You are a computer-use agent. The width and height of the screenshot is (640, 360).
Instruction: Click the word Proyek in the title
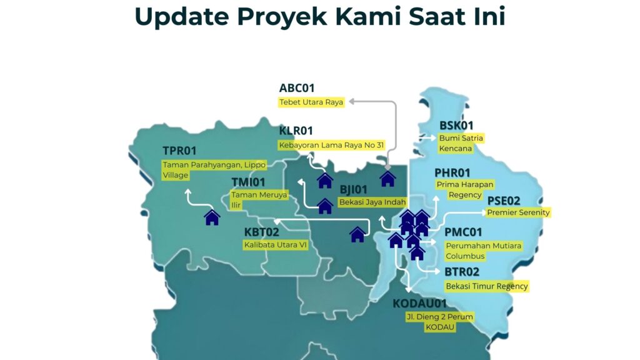click(x=282, y=17)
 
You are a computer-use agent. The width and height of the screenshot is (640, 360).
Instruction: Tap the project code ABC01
click(x=297, y=88)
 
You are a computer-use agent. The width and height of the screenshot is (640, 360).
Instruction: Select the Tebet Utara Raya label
click(x=311, y=102)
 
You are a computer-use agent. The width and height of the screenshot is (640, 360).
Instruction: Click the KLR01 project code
click(x=296, y=131)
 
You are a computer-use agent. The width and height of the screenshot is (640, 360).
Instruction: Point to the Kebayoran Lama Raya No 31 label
click(x=331, y=145)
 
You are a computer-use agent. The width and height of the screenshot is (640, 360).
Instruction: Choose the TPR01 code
click(x=179, y=151)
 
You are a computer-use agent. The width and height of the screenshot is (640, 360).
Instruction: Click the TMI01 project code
click(x=248, y=182)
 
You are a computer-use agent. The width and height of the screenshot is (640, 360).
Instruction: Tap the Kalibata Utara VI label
click(x=275, y=245)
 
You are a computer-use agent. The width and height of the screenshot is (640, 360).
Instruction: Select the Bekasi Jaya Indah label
click(x=372, y=202)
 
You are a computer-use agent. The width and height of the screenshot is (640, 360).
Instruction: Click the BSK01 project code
click(x=456, y=125)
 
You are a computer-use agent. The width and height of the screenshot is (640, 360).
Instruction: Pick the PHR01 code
click(x=452, y=172)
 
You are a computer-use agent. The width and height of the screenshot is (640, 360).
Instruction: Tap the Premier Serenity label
click(x=518, y=212)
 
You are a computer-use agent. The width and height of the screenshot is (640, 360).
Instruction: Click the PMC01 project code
click(x=463, y=232)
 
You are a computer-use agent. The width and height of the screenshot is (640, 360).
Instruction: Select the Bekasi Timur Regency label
click(x=487, y=286)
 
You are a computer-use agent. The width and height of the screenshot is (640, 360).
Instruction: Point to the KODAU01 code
click(x=419, y=303)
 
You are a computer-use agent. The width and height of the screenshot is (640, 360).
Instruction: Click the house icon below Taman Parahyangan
click(x=212, y=217)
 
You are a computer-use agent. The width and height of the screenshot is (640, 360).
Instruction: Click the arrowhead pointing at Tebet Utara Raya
click(x=351, y=101)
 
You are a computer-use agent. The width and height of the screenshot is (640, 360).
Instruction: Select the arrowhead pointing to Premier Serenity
click(x=484, y=212)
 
